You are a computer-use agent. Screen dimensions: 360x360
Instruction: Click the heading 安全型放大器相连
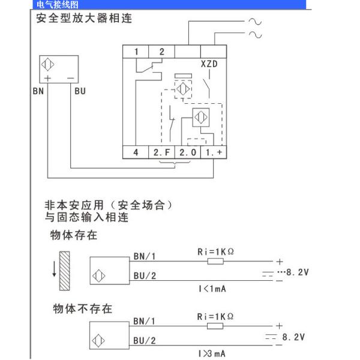(83, 18)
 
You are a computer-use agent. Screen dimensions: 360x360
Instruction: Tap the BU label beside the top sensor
(80, 91)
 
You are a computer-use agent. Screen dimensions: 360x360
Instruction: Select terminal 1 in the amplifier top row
(136, 52)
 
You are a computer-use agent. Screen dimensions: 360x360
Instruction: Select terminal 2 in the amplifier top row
(162, 52)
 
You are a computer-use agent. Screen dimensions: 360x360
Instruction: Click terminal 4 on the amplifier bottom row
(136, 152)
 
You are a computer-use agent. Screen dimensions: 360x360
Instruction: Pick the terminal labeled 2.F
(162, 152)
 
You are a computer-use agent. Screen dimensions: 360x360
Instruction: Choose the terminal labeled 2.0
(188, 152)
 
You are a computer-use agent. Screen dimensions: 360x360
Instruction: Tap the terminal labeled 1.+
(213, 152)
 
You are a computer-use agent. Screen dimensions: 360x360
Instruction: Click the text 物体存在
(73, 235)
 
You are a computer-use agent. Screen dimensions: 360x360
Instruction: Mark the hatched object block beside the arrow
(65, 267)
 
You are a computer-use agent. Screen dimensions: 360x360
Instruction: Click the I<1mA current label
(213, 289)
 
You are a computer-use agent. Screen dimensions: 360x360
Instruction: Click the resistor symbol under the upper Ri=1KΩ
(214, 261)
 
